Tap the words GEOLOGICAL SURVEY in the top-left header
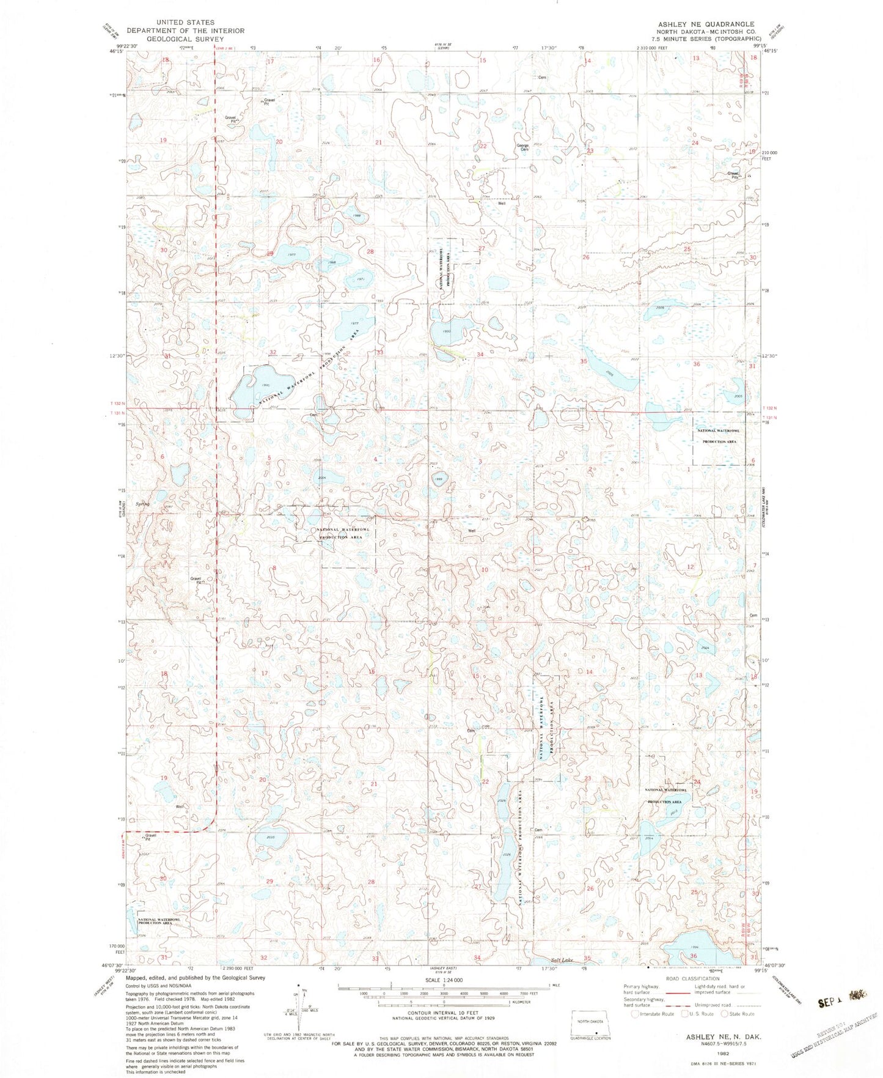click(x=185, y=39)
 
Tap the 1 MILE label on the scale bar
click(x=555, y=985)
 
